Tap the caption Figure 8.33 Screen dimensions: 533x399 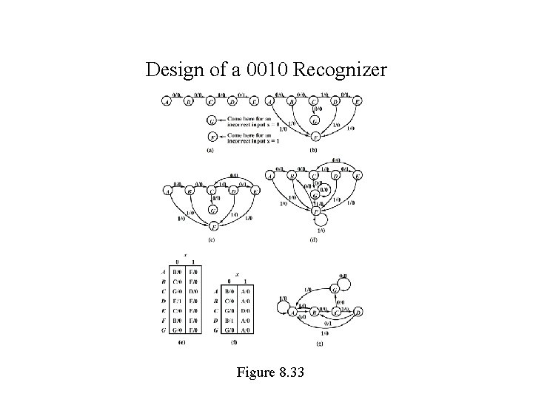click(266, 372)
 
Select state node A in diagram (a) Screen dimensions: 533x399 click(167, 102)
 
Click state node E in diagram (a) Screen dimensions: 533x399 click(255, 102)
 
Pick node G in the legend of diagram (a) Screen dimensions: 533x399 click(212, 120)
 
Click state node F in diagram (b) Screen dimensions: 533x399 click(315, 137)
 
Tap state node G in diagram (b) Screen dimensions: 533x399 click(315, 120)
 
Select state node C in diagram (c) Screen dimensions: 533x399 click(212, 191)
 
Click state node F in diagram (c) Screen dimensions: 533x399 click(214, 226)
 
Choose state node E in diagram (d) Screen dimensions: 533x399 click(358, 176)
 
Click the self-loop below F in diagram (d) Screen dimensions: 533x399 click(321, 221)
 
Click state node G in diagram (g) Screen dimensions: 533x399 click(342, 281)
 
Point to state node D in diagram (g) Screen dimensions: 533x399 click(359, 313)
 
